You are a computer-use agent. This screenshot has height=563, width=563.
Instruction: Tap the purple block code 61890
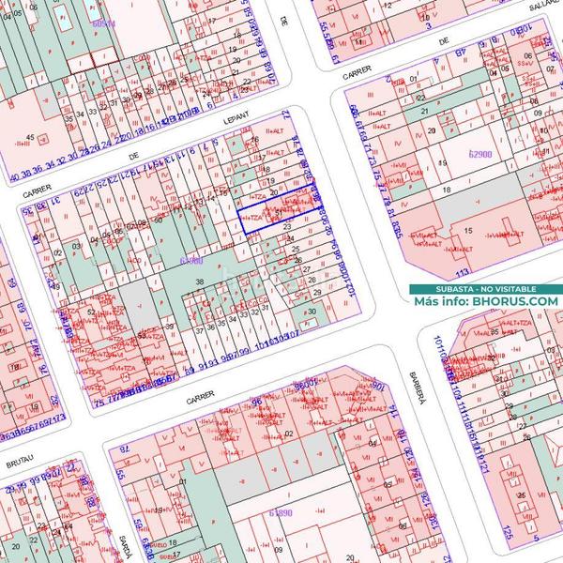281,513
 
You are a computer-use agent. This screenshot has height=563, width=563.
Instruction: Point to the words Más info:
442,301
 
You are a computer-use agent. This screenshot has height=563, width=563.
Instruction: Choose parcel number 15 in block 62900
466,230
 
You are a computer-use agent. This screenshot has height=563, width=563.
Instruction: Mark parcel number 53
142,334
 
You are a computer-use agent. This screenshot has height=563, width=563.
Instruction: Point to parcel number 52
91,312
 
